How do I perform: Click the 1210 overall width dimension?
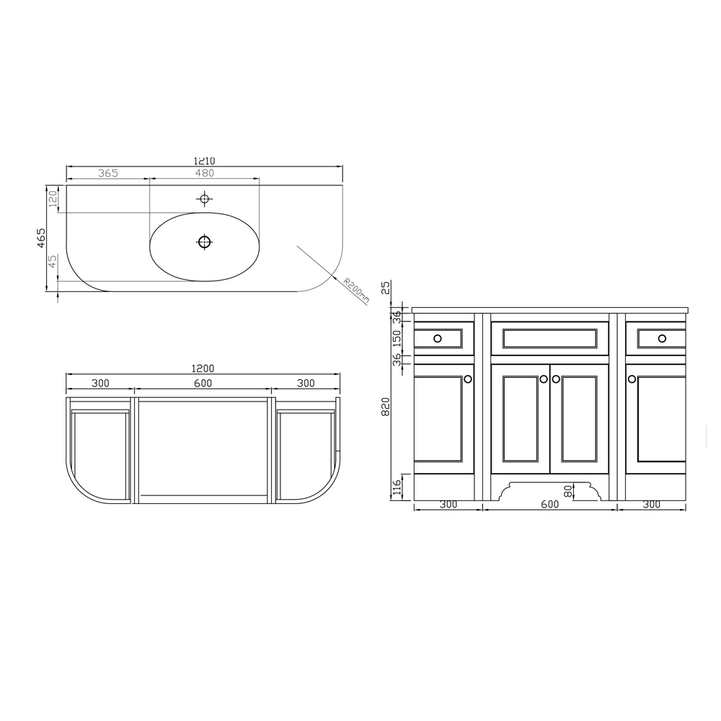click(x=204, y=161)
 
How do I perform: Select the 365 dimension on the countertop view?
click(x=107, y=173)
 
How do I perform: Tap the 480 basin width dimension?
click(x=204, y=173)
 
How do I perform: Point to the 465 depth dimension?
click(x=41, y=238)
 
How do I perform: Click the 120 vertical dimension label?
click(x=53, y=199)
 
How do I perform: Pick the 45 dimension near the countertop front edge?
click(x=53, y=261)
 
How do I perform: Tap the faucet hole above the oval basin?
click(x=204, y=198)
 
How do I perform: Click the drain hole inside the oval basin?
click(x=204, y=242)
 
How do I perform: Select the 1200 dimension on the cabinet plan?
click(x=203, y=368)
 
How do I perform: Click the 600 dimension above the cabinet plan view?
click(x=203, y=383)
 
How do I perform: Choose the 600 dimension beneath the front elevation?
click(x=549, y=505)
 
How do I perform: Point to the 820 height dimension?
click(x=386, y=407)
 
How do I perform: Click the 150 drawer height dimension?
click(x=396, y=338)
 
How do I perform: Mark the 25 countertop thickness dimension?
click(x=386, y=288)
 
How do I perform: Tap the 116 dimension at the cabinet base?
click(x=396, y=487)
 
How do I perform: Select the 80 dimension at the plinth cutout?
click(x=568, y=490)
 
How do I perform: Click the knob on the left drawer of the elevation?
click(x=438, y=338)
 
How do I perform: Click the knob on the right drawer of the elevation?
click(x=662, y=338)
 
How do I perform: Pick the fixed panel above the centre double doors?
click(x=549, y=338)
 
